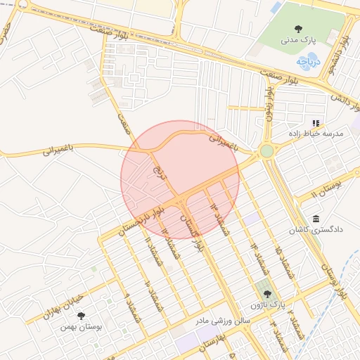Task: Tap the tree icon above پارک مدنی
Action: (x=299, y=29)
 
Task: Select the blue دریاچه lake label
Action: (x=308, y=62)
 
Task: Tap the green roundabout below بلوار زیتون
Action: (x=266, y=151)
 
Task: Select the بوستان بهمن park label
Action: (x=82, y=327)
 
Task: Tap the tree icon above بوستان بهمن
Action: (x=81, y=316)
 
